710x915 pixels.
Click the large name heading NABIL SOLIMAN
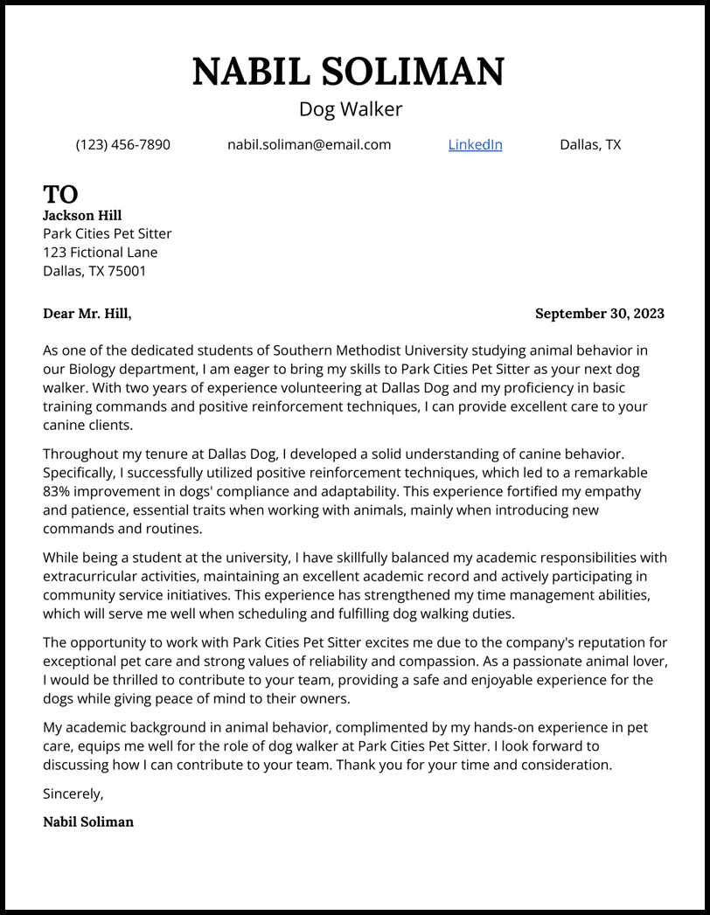348,71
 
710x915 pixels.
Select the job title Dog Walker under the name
351,109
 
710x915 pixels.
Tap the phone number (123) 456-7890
123,144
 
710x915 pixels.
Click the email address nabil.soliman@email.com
309,144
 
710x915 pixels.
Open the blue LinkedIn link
475,144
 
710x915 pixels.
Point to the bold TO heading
60,193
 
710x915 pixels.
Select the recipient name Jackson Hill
82,215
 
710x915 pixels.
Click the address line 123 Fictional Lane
101,253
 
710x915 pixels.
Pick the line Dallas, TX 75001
94,271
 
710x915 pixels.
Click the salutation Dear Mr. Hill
87,314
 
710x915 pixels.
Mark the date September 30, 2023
599,314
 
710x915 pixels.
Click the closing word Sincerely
73,794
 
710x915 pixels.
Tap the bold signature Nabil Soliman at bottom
88,821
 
